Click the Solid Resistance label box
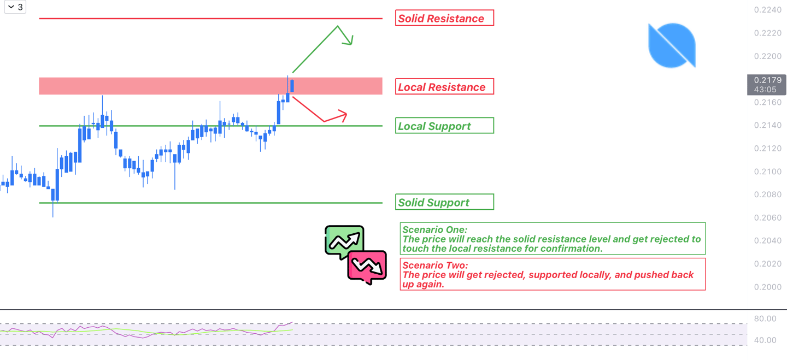click(445, 18)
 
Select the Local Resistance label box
click(445, 87)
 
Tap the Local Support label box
click(445, 126)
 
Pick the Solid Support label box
click(445, 202)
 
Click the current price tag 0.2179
click(767, 80)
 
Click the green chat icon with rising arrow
click(344, 240)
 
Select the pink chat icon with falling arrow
click(367, 267)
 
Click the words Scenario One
click(434, 230)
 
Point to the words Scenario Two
click(435, 265)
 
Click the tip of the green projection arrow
click(352, 44)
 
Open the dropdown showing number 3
click(15, 7)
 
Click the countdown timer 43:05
click(765, 90)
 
